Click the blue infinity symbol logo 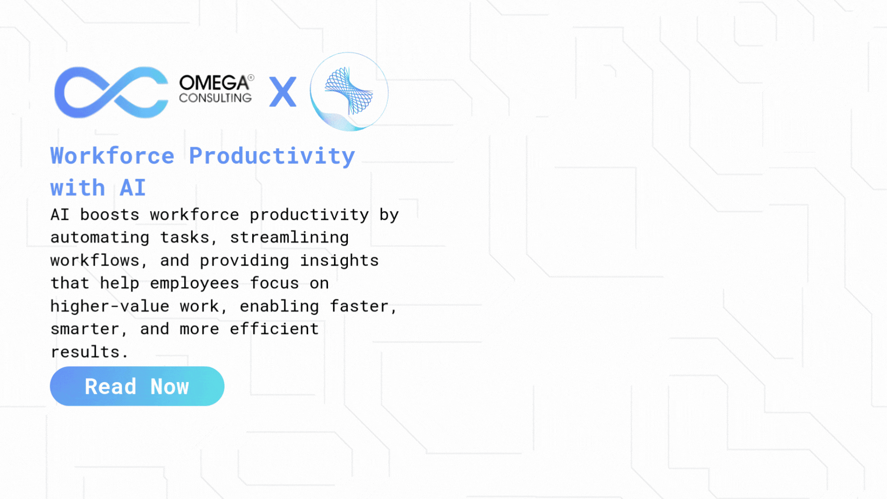[x=111, y=93]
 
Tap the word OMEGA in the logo [x=214, y=83]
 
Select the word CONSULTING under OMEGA [x=216, y=98]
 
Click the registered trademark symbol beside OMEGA [x=251, y=77]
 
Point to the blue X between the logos [x=283, y=92]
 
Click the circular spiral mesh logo [x=349, y=92]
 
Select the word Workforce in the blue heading [x=112, y=156]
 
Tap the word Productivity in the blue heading [x=272, y=157]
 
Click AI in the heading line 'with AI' [x=133, y=188]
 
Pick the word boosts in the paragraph [x=110, y=215]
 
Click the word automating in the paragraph [x=100, y=238]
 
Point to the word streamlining [x=289, y=238]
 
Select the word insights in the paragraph [x=339, y=261]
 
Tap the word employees [x=195, y=283]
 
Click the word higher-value [x=110, y=306]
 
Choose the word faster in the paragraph [x=359, y=306]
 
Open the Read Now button [x=137, y=387]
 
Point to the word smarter [x=85, y=329]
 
